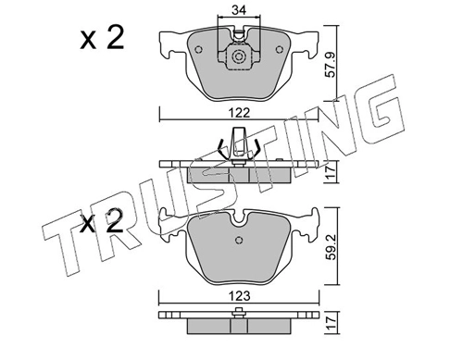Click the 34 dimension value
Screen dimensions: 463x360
tap(239, 10)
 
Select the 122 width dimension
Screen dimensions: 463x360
tap(240, 113)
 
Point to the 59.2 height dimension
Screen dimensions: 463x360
tap(332, 248)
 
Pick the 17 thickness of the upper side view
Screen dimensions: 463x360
tap(331, 171)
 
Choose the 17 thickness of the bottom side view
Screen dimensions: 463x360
tap(331, 323)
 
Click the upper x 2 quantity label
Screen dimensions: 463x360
tap(102, 38)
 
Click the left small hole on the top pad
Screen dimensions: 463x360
tap(199, 49)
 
